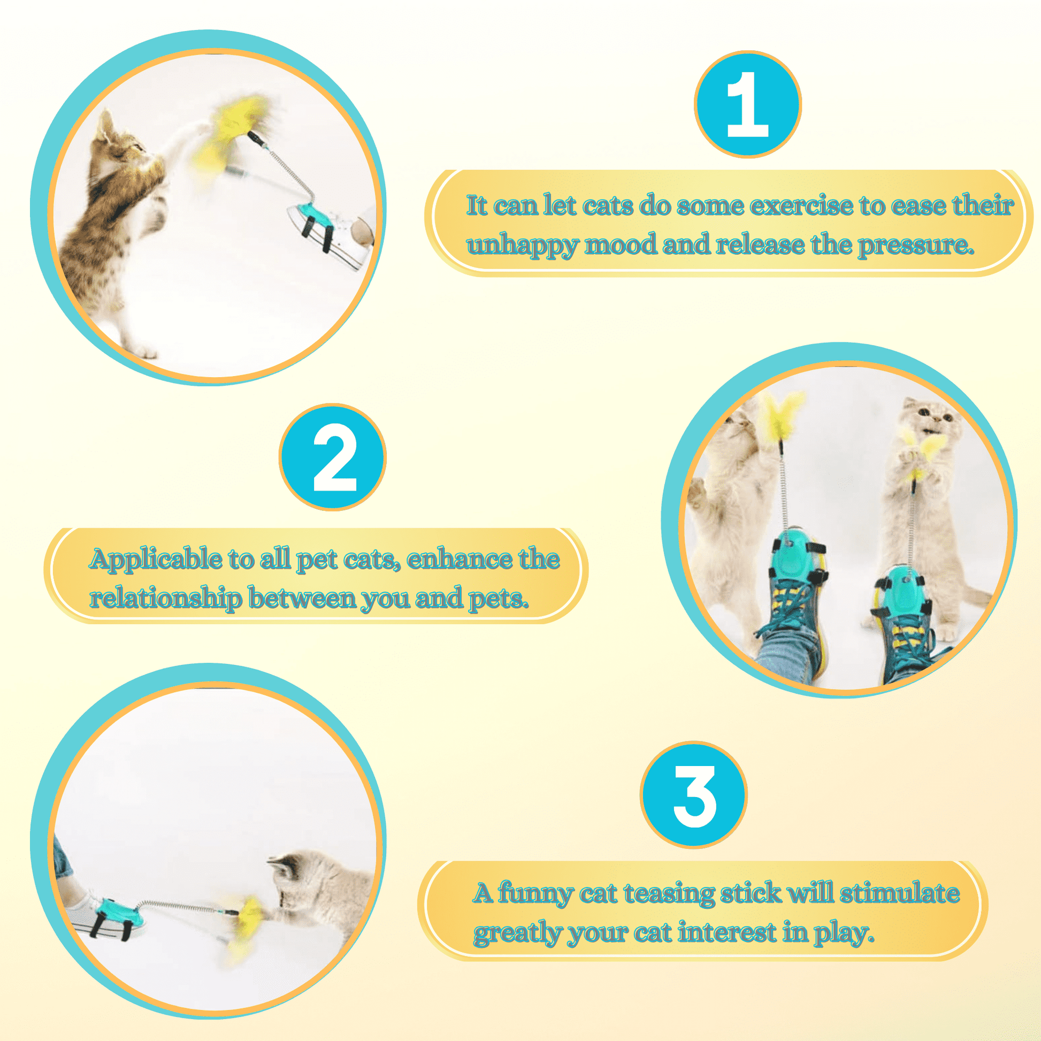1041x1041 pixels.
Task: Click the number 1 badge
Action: [747, 104]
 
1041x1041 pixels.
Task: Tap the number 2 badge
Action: [332, 457]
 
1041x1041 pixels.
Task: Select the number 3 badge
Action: [693, 795]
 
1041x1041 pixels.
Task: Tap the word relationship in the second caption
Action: [165, 599]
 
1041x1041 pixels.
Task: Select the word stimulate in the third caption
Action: [899, 893]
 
